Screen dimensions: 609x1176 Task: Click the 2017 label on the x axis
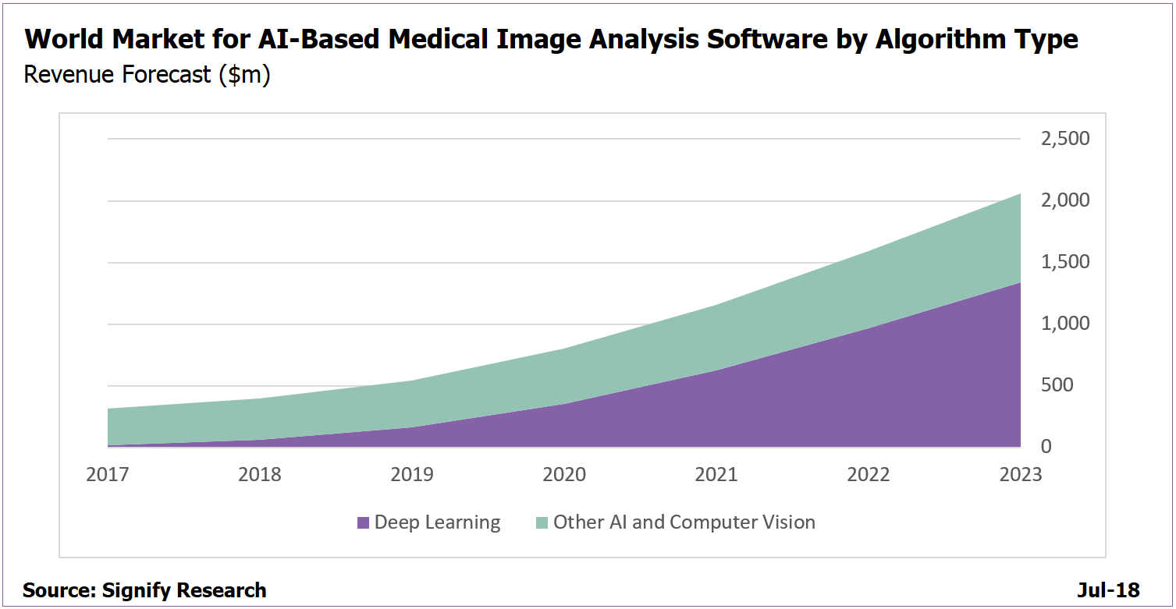pos(108,474)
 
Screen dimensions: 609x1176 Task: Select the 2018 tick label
pos(260,474)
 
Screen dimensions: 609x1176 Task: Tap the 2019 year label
pos(412,474)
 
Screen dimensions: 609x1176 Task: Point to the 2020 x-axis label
pos(564,474)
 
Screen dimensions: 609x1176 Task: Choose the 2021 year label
pos(716,474)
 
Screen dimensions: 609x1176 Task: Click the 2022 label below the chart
pos(868,474)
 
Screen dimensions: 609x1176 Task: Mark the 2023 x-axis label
pos(1020,474)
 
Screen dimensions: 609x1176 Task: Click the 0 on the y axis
pos(1046,447)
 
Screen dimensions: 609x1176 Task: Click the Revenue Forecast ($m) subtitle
pos(147,75)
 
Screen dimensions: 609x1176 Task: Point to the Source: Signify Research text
pos(144,590)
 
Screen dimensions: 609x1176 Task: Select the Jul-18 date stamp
pos(1108,590)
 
